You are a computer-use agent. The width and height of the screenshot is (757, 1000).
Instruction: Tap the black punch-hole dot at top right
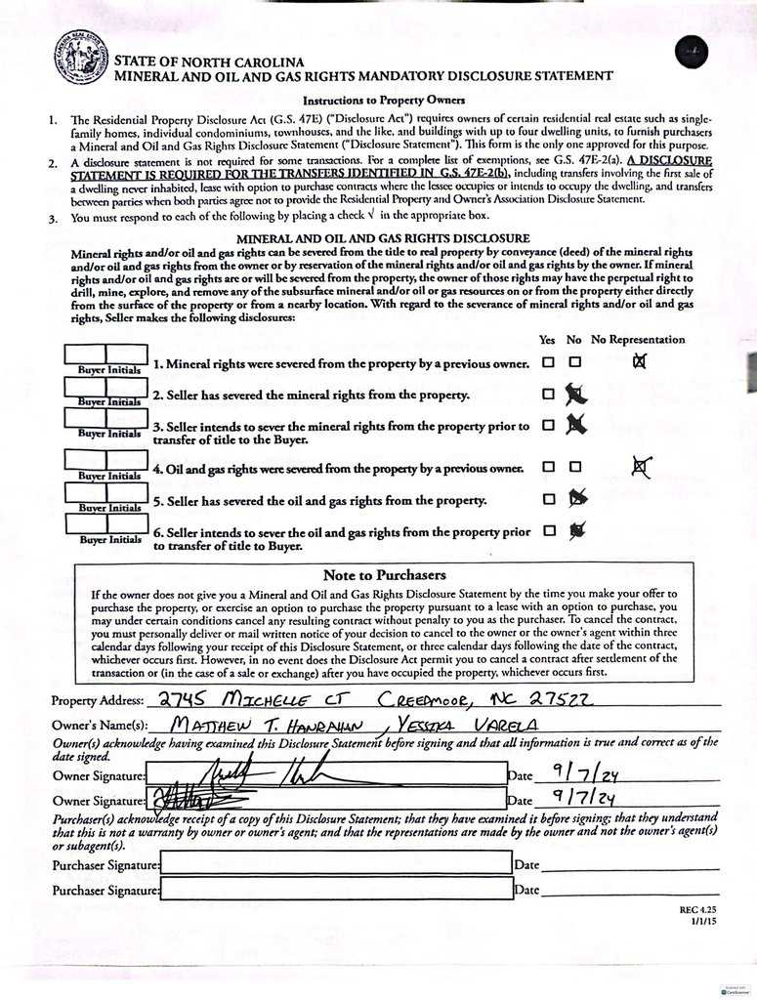[692, 51]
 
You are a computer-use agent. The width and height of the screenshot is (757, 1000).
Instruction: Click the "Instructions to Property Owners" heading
[383, 101]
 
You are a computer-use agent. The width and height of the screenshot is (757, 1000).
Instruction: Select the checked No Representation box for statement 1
[640, 362]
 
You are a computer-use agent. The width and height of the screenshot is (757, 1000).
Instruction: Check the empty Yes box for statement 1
[548, 362]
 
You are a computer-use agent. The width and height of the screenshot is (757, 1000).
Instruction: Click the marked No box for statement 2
[576, 395]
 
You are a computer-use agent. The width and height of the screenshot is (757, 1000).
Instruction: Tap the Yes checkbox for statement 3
[548, 425]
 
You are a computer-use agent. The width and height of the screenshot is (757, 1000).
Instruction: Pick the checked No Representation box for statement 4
[640, 468]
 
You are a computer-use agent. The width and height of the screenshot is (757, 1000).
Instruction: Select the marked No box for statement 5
[577, 499]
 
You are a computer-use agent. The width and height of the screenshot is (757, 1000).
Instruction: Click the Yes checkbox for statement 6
[548, 530]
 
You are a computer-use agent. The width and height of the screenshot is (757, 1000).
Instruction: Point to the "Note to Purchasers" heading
[384, 574]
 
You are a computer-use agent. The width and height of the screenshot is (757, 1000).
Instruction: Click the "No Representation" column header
[637, 340]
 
